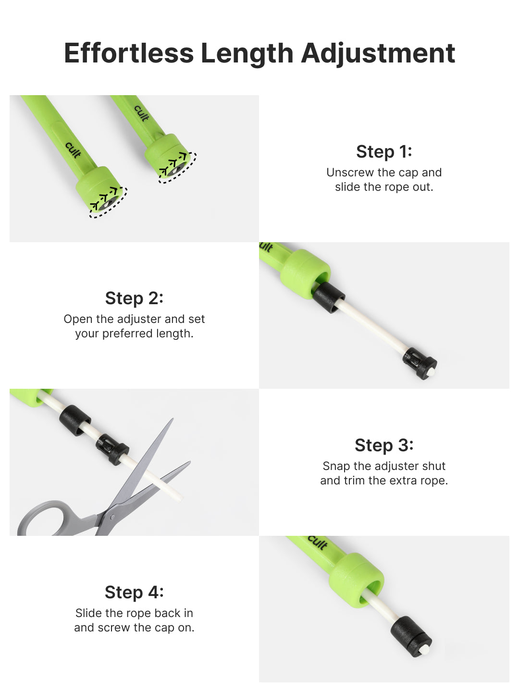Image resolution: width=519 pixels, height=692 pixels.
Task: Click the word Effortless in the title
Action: (129, 53)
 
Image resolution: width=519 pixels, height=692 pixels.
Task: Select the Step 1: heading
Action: (384, 152)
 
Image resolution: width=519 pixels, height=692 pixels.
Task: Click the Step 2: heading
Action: (134, 298)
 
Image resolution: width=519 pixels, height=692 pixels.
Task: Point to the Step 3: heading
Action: (384, 445)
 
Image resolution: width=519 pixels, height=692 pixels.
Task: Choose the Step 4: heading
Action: (134, 592)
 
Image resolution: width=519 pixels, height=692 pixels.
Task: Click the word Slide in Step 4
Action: (89, 613)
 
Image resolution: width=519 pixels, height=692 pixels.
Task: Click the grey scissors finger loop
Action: (44, 519)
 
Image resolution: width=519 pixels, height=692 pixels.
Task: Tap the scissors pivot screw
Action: (112, 517)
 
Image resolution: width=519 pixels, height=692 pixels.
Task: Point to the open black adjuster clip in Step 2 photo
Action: (420, 363)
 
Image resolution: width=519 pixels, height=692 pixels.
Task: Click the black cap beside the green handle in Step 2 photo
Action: (329, 297)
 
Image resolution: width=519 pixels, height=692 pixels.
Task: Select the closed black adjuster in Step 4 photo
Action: (410, 637)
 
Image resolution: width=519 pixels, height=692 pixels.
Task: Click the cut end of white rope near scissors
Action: (179, 498)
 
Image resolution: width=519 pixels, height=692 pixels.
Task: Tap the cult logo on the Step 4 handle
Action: (318, 542)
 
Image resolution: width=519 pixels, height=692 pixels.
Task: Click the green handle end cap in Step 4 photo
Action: (357, 580)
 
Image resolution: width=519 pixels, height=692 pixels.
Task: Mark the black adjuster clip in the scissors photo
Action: (112, 449)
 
